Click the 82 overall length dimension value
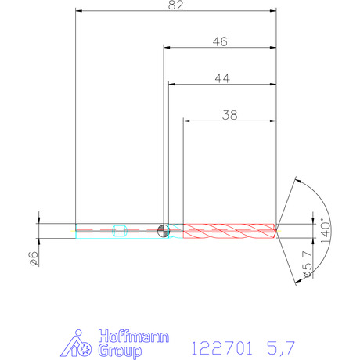176,5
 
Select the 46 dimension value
220,41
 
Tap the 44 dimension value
222,78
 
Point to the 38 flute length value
230,115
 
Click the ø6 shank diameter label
34,259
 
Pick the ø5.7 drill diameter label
308,265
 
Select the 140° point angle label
326,231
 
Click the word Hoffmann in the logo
134,337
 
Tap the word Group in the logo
120,351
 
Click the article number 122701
221,348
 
